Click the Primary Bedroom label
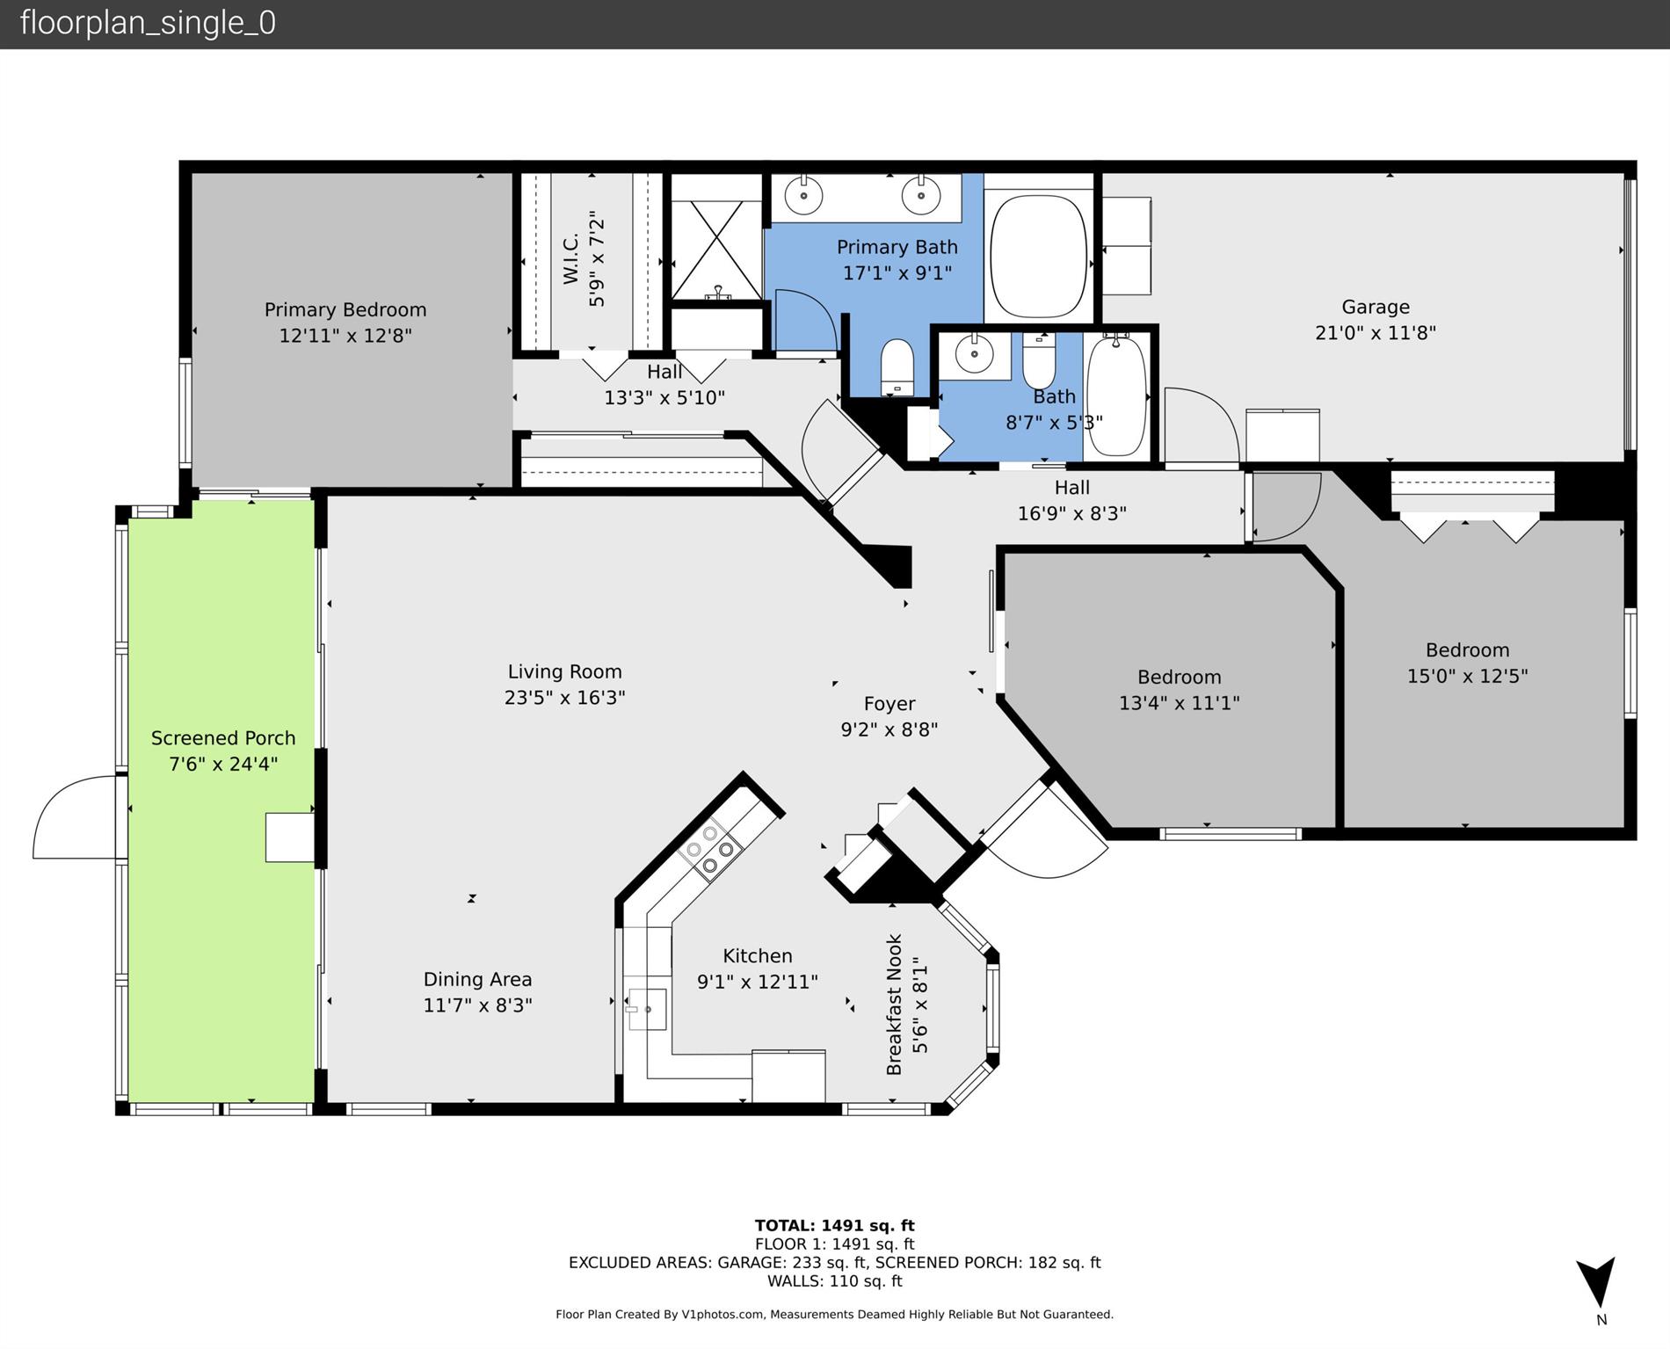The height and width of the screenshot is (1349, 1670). [345, 310]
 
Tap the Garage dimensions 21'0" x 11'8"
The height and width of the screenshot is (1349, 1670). [1375, 333]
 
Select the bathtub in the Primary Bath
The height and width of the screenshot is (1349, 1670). [1038, 255]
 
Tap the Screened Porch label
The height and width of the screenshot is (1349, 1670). [223, 738]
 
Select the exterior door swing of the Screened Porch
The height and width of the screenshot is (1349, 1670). [75, 817]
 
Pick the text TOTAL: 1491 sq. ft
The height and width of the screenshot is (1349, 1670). [834, 1225]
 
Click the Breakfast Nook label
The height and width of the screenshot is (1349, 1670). [895, 1004]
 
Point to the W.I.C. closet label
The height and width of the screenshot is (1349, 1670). [571, 258]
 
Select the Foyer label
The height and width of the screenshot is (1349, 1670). [889, 704]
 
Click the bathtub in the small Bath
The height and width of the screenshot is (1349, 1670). [1116, 395]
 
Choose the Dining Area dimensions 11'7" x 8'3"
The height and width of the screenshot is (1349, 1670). [477, 1005]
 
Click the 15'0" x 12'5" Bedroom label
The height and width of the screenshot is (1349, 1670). [1467, 650]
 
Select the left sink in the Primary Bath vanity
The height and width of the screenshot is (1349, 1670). [802, 195]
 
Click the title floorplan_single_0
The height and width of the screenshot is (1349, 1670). [148, 23]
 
